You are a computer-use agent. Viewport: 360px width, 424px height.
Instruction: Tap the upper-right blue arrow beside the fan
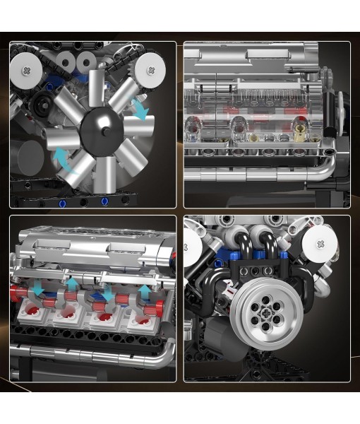pos(140,110)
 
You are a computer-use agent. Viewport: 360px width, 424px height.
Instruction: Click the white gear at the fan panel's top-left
pos(28,70)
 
